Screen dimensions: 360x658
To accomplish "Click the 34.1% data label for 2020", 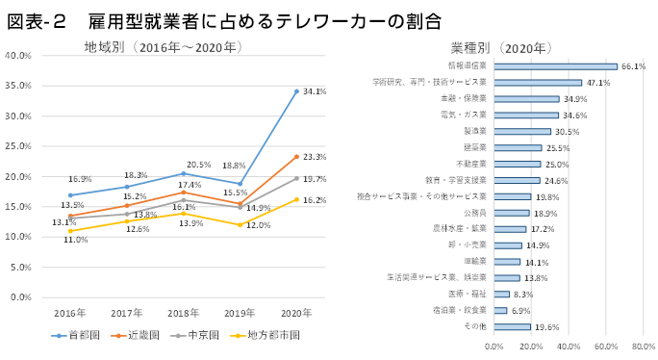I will pos(314,92).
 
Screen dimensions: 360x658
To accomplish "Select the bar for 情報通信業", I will pos(555,66).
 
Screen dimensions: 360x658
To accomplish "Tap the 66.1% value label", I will pos(632,66).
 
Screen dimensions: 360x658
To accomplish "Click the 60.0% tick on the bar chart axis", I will pos(606,345).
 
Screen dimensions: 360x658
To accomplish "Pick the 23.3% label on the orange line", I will pos(314,156).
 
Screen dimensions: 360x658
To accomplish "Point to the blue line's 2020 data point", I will pos(296,91).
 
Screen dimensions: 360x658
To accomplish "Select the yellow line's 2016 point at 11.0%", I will pos(69,230).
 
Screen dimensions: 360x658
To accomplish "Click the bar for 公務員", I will pos(512,212).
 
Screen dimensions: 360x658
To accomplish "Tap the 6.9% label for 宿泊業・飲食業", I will pos(520,310).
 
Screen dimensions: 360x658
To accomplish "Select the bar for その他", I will pos(512,326).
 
